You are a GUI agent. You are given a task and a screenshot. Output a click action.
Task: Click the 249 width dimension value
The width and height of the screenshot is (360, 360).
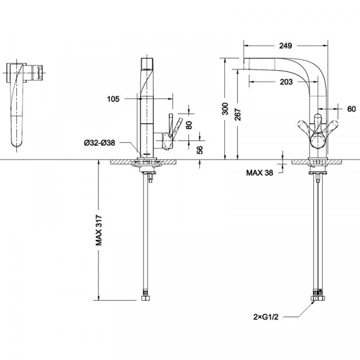(x=286, y=46)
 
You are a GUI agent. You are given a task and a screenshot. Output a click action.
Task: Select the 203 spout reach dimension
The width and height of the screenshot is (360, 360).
(x=286, y=82)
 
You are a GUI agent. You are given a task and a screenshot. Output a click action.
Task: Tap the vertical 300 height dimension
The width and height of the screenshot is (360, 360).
(x=226, y=109)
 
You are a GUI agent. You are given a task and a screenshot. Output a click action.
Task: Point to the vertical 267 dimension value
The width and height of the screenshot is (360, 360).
(x=238, y=115)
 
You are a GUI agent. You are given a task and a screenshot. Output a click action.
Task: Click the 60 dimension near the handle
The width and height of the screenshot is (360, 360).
(x=351, y=109)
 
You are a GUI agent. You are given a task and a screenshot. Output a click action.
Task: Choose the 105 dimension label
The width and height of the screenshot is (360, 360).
(x=113, y=99)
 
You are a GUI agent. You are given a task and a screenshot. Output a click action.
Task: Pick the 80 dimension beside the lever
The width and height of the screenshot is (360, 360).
(x=189, y=125)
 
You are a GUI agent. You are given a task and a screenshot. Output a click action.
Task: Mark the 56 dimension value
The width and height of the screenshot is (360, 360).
(x=200, y=150)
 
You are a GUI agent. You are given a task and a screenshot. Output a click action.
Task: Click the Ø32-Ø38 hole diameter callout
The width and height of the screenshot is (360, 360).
(x=100, y=143)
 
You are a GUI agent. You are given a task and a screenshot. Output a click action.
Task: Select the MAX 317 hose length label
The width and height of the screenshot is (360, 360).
(x=99, y=230)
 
